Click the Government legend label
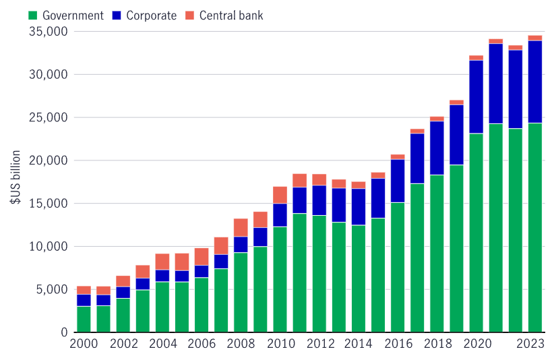[x=72, y=15]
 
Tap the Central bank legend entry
[x=231, y=15]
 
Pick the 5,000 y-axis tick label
[x=51, y=290]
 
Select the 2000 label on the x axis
[x=84, y=344]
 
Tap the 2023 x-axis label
[x=530, y=344]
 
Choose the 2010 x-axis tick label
[x=280, y=344]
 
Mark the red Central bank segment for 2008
[x=241, y=227]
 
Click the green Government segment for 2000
[x=84, y=319]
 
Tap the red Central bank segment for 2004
[x=162, y=262]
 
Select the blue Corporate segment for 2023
[x=535, y=82]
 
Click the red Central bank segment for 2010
[x=280, y=195]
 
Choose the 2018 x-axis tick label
[x=437, y=344]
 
